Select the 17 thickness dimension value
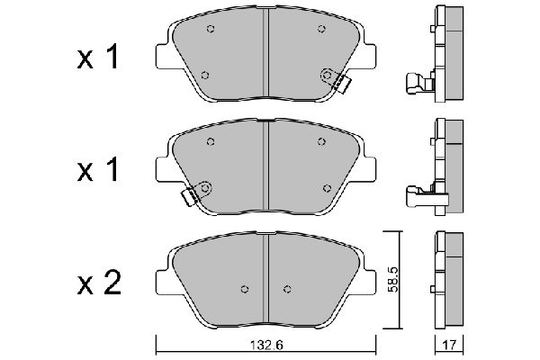point(449,346)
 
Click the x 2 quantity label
point(99,283)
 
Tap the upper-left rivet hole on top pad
point(211,29)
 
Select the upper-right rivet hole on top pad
point(321,29)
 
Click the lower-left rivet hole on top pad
point(205,75)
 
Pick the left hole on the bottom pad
point(245,289)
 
